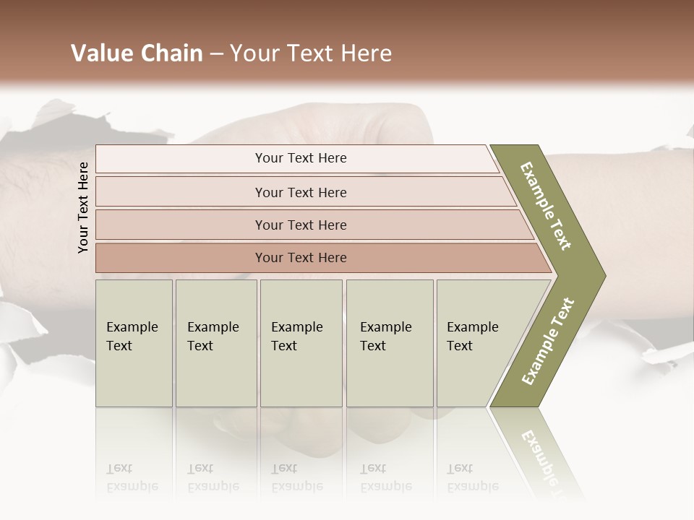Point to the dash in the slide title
tap(216, 54)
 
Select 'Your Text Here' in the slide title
tap(311, 53)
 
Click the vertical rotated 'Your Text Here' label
tap(83, 207)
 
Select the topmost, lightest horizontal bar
tap(301, 158)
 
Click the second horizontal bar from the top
tap(301, 192)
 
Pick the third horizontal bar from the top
tap(301, 225)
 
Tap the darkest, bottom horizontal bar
tap(301, 258)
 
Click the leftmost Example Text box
tap(134, 343)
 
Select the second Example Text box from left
tap(216, 343)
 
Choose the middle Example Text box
tap(301, 343)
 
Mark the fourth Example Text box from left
tap(390, 343)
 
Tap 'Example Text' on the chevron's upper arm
tap(546, 206)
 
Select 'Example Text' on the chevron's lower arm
tap(548, 342)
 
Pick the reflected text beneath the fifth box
tap(471, 477)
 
